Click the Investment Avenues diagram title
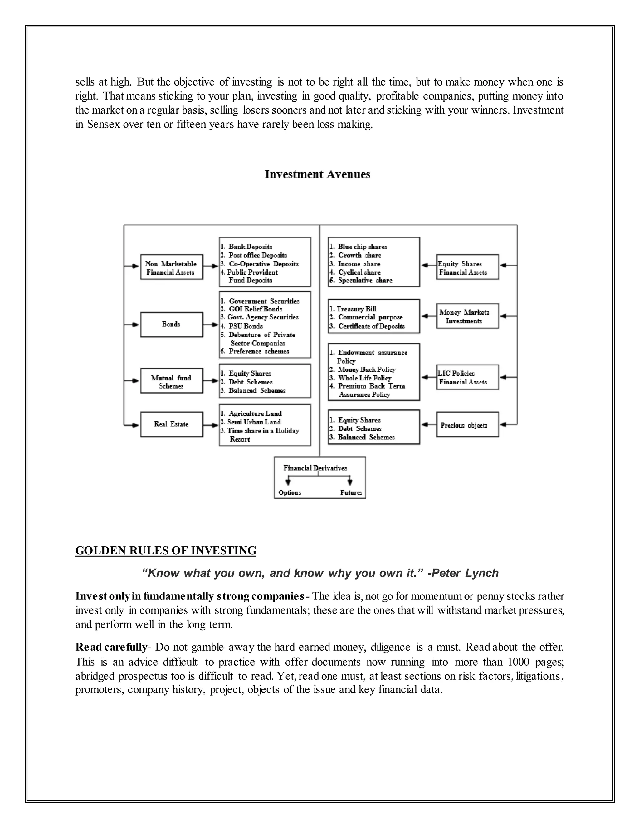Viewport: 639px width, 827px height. click(317, 174)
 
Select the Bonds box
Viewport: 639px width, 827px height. click(172, 325)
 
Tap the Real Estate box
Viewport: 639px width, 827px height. click(172, 424)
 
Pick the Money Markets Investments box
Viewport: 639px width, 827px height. click(467, 316)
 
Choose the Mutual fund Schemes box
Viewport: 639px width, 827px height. click(172, 381)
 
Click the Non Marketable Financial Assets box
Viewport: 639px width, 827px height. click(172, 268)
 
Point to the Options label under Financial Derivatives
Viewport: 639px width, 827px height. click(290, 493)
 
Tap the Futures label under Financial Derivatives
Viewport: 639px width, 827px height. click(351, 493)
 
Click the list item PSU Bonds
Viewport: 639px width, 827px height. click(245, 326)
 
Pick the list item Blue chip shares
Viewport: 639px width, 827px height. click(362, 247)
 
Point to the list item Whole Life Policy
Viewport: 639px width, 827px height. click(364, 378)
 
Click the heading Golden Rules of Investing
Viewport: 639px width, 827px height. click(165, 550)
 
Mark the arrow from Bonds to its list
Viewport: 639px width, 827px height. click(211, 325)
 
